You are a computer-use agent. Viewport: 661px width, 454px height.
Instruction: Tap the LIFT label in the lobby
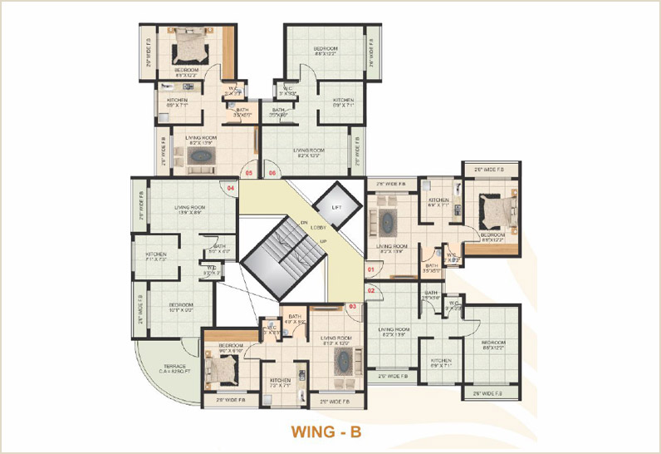point(336,205)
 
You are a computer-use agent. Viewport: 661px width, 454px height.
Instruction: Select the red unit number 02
point(372,289)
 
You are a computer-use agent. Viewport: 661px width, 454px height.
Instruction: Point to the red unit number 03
point(352,307)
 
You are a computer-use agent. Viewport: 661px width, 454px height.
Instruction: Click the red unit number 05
point(248,172)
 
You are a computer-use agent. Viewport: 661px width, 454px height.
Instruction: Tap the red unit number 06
point(272,172)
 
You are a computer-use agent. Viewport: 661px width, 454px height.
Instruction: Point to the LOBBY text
point(319,226)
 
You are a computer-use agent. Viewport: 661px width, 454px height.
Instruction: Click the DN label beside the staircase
point(305,222)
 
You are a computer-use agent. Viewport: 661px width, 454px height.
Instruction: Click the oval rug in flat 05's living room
point(202,155)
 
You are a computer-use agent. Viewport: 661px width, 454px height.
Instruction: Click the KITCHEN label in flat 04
point(157,254)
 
